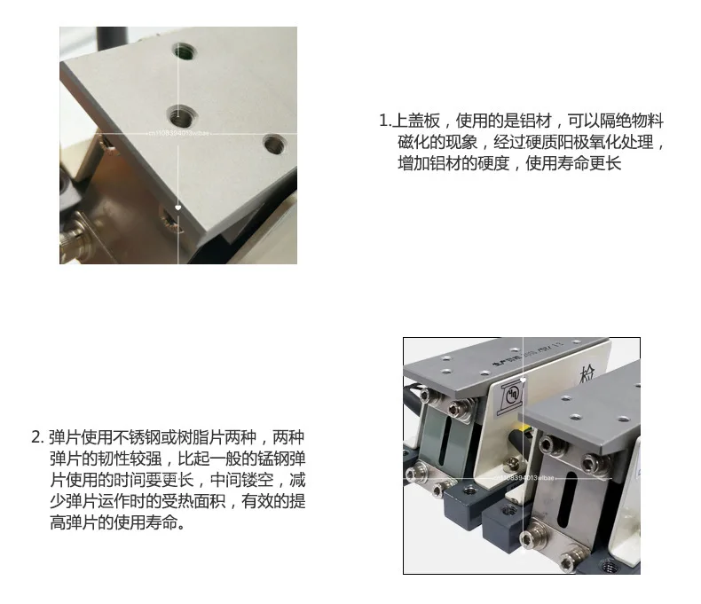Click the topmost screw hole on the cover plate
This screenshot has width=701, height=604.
tap(184, 54)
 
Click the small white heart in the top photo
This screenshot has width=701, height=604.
tap(178, 207)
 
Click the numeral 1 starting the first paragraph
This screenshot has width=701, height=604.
tap(382, 121)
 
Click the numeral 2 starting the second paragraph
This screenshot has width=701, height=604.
tap(35, 437)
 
